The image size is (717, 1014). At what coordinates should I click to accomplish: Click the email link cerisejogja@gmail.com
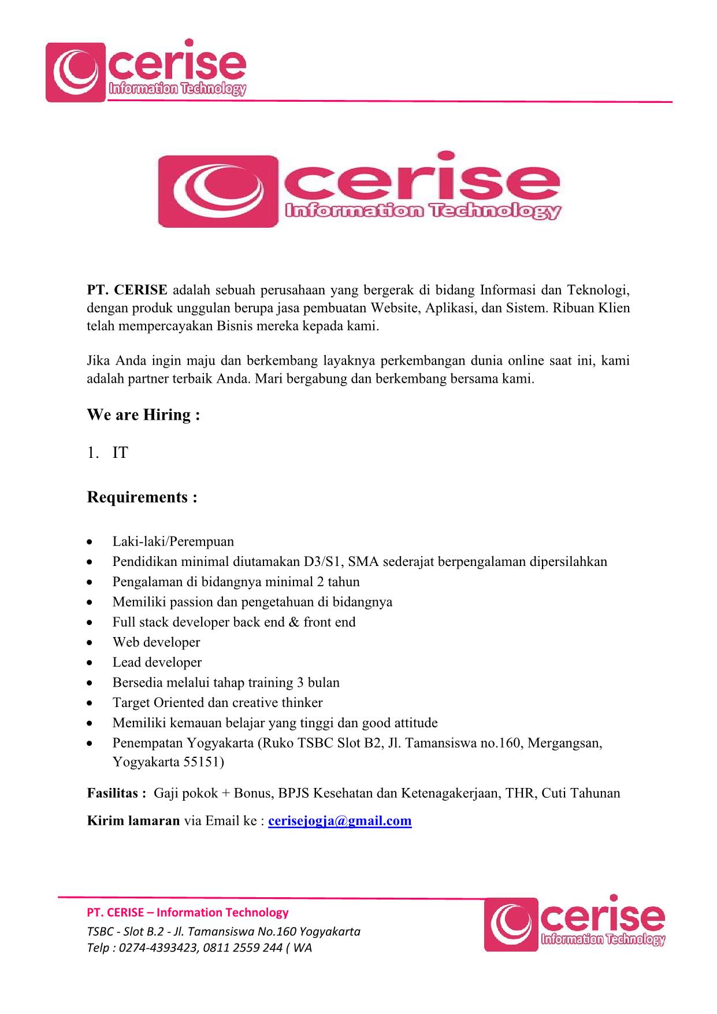pos(340,821)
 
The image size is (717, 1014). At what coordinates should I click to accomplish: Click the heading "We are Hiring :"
pos(143,415)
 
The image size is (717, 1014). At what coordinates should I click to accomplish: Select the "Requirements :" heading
pos(142,497)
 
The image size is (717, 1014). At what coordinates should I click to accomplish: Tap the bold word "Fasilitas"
pos(113,793)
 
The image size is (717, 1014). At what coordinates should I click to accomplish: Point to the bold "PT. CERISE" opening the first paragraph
pos(127,289)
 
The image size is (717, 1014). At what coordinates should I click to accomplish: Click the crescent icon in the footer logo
pos(510,924)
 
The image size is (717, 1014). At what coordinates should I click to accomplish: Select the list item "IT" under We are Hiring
pos(120,453)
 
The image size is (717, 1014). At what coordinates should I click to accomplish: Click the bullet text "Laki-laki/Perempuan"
pos(173,542)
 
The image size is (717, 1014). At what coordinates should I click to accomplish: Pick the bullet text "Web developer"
pos(156,642)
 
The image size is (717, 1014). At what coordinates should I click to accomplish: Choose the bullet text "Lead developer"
pos(157,663)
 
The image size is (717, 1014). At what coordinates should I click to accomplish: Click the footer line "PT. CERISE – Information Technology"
pos(187,913)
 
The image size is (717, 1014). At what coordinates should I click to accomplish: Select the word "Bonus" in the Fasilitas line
pos(252,793)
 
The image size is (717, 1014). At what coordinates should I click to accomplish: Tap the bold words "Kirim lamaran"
pos(133,821)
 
